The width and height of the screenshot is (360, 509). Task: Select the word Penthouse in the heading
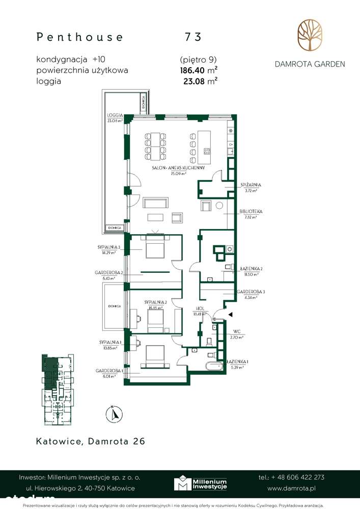click(80, 37)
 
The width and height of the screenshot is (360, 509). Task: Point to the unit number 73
click(193, 37)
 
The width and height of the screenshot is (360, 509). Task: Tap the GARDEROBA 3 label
click(250, 292)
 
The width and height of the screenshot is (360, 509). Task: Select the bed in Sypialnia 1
click(155, 355)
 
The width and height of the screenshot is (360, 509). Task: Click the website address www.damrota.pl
click(292, 488)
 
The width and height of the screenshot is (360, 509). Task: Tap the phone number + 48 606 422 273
click(291, 477)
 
